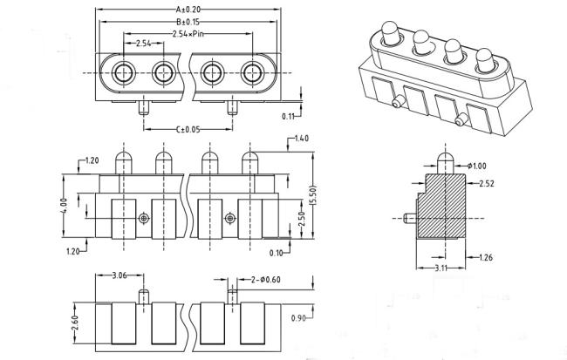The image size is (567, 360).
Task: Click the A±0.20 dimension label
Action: tap(188, 9)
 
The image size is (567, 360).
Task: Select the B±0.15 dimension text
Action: tap(188, 22)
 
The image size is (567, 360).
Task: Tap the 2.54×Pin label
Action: tap(188, 34)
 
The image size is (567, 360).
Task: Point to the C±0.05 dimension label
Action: tap(188, 129)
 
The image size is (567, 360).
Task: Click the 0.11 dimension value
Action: tap(289, 117)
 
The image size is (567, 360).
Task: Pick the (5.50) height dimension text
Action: tap(313, 195)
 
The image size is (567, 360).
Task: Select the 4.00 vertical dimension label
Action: tap(64, 206)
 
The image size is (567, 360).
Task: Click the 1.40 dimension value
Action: tap(302, 138)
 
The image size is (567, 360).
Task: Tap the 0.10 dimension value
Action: tap(277, 253)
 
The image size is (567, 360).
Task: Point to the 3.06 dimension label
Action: tap(120, 275)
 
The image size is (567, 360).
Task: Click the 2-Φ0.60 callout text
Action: tap(266, 280)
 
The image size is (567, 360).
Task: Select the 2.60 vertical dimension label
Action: tap(74, 323)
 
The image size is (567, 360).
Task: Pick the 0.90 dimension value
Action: tap(298, 318)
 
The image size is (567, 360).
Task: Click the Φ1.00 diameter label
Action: tap(476, 166)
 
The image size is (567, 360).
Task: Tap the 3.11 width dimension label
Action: tap(441, 268)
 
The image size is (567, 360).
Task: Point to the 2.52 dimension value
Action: tap(487, 184)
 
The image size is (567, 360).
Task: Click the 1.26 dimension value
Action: tap(486, 257)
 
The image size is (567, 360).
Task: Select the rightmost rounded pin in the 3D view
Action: tap(484, 60)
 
